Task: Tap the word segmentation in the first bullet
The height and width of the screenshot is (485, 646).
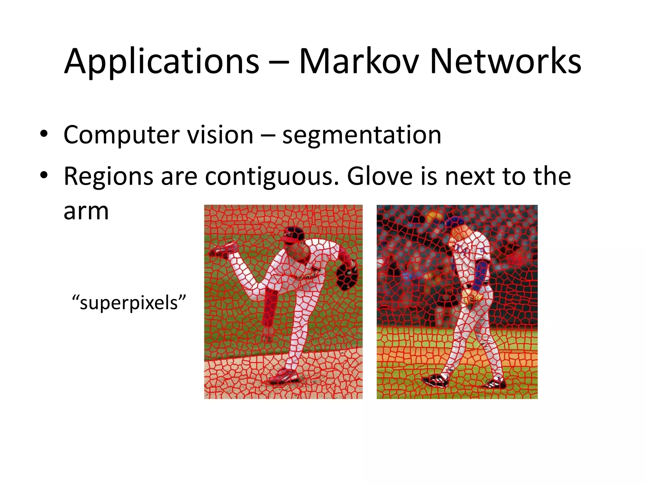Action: pos(361,135)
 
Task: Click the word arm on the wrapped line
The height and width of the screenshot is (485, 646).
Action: pos(86,211)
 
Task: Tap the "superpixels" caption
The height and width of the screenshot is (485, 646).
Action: pos(129,302)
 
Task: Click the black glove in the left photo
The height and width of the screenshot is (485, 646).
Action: pos(347,277)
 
